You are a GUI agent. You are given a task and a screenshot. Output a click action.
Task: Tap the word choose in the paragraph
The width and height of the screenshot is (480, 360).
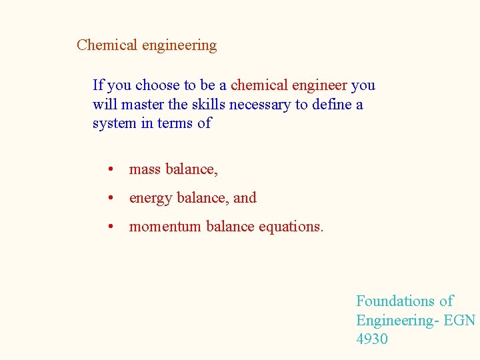tap(157, 85)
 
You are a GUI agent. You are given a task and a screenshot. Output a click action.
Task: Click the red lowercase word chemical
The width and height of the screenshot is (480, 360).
tap(259, 85)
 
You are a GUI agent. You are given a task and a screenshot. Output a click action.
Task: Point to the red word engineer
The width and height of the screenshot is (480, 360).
tap(320, 86)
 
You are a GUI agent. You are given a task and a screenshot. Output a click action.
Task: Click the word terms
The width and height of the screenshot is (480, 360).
tap(175, 123)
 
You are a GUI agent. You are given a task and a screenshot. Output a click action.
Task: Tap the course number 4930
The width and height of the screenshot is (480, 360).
tap(372, 339)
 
